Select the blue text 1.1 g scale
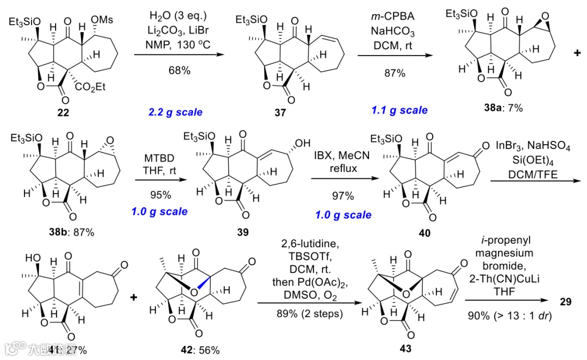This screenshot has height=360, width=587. click(400, 110)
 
